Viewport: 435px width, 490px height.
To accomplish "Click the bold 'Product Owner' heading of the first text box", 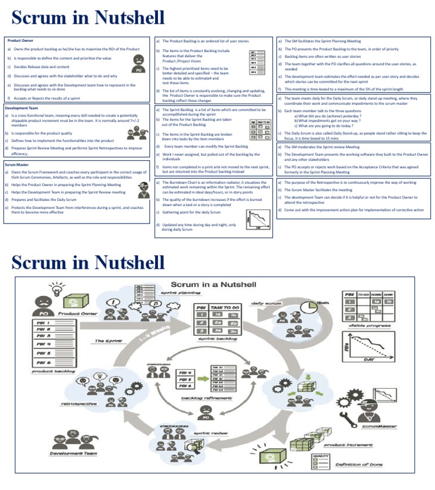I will pos(19,41).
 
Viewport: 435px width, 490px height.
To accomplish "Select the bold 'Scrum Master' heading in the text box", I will pos(18,165).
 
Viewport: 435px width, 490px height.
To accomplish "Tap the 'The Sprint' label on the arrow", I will pos(108,341).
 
